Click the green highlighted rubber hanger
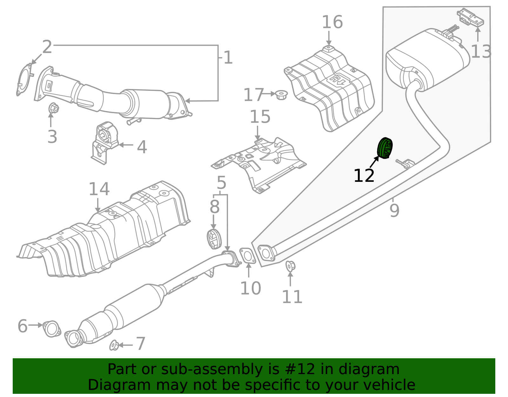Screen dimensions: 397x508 [x=385, y=148]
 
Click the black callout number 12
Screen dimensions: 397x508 [x=364, y=176]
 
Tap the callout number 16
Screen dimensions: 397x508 [x=332, y=22]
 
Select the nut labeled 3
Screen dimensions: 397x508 [x=54, y=108]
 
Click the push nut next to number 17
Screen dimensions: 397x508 [x=281, y=94]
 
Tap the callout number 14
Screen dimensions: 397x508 [x=99, y=189]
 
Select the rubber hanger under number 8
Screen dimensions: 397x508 [x=214, y=239]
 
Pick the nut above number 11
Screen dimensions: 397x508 [x=290, y=266]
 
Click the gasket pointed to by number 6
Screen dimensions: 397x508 [x=51, y=329]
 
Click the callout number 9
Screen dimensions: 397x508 [x=394, y=210]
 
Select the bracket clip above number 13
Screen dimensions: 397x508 [x=470, y=18]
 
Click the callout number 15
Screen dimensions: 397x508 [x=260, y=117]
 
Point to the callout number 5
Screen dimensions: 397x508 [x=221, y=183]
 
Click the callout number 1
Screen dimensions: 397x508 [x=228, y=58]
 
